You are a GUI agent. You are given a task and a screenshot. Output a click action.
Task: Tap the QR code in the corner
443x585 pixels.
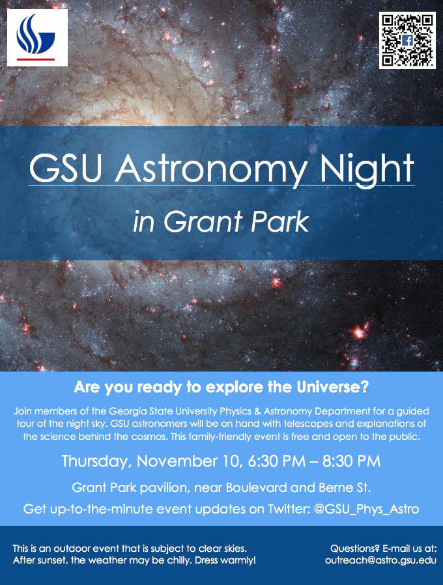407,40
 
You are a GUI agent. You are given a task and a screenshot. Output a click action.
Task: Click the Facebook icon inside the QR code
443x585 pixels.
407,40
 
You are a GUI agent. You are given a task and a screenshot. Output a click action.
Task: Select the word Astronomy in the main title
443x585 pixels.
212,169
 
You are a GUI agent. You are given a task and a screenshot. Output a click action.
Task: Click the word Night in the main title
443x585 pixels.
367,169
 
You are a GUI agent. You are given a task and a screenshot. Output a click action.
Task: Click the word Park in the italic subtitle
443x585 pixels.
280,222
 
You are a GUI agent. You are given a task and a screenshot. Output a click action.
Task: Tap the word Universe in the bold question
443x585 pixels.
332,387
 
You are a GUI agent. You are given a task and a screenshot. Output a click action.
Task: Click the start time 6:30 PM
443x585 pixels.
277,461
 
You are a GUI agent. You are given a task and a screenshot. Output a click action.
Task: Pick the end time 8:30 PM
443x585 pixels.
352,461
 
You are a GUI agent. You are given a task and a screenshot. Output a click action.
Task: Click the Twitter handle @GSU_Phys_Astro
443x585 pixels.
366,510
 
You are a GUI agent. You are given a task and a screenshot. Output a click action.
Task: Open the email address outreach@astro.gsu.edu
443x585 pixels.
380,560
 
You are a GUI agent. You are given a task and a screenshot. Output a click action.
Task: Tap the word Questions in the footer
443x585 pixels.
355,549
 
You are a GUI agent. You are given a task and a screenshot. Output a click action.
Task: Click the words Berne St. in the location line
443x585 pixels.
345,487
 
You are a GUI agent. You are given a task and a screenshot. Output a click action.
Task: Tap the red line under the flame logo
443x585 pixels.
36,59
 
